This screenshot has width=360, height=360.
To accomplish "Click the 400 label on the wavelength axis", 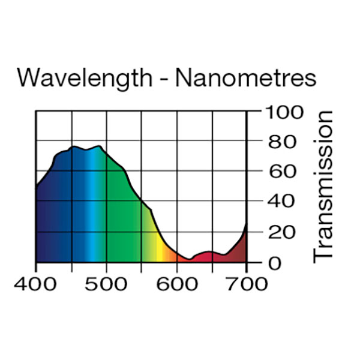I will [x=36, y=283].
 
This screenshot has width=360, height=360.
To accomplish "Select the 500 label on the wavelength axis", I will [x=106, y=283].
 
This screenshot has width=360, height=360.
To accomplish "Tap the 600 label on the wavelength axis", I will [x=176, y=283].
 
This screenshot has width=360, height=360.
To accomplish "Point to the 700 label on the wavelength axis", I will [x=247, y=283].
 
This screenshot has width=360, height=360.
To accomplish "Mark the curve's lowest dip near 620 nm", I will [x=189, y=259].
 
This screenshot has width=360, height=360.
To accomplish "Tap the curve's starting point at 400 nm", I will [x=37, y=187].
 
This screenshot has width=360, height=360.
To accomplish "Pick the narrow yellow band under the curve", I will [x=159, y=249].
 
